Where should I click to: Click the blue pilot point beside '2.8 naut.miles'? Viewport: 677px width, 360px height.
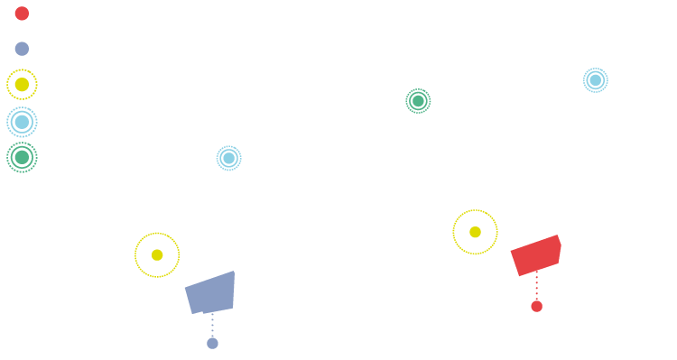[229, 157]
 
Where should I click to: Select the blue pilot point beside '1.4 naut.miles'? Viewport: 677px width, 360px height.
[596, 80]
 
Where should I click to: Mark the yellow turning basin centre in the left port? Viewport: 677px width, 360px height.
[157, 254]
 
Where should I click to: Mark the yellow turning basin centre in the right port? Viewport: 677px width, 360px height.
[475, 232]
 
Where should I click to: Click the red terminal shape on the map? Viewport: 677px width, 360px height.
[536, 256]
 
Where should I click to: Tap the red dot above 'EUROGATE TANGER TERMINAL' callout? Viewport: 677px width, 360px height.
[536, 306]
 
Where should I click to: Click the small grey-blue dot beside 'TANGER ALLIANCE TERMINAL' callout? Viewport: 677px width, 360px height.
[212, 343]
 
